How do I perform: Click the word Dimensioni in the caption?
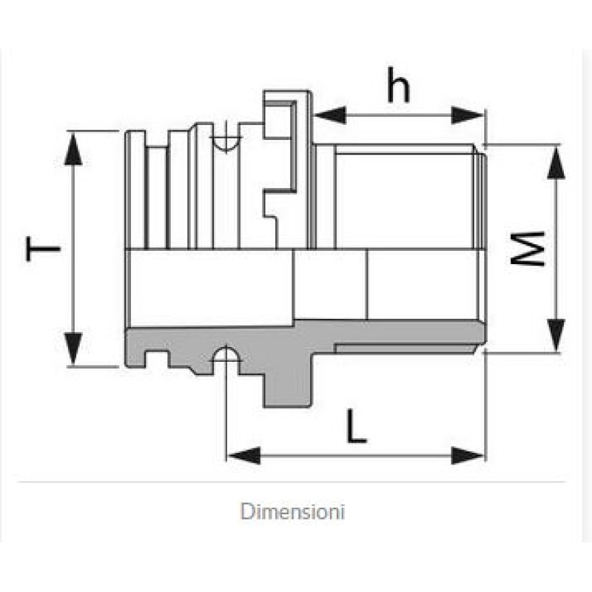point(293,511)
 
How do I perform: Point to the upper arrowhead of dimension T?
point(73,148)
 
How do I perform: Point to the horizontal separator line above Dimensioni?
point(296,482)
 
